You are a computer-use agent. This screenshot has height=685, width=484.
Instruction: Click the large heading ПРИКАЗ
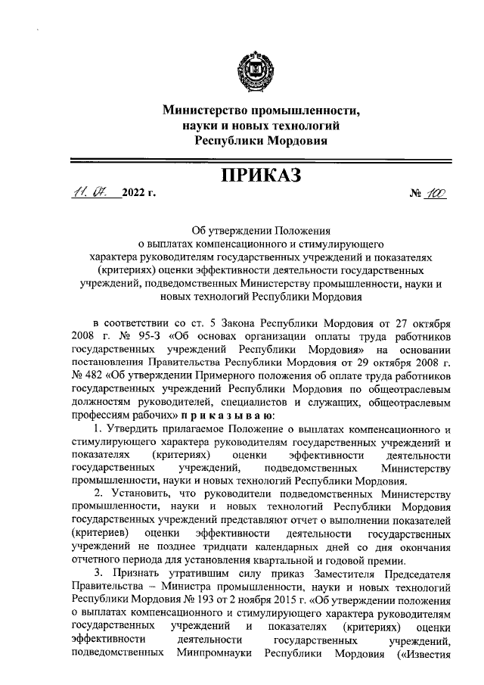[259, 176]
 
